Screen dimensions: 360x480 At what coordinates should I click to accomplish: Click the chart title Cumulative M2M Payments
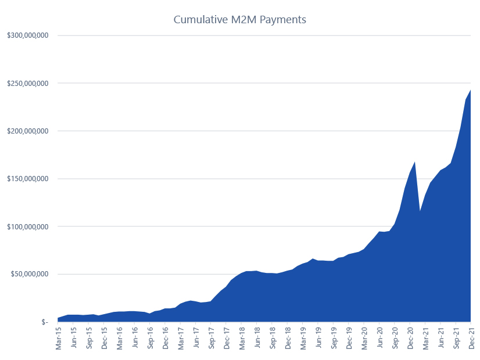(x=239, y=20)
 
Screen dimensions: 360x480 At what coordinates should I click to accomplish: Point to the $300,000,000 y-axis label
(x=28, y=35)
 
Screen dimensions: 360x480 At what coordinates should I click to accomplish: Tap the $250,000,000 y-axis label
(x=28, y=83)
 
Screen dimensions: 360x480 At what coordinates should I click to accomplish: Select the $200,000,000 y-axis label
(x=28, y=131)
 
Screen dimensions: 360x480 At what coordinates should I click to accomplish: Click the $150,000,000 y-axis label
(x=28, y=178)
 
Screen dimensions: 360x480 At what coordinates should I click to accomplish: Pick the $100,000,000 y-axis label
(x=28, y=226)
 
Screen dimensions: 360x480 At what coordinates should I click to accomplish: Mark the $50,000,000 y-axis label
(x=30, y=273)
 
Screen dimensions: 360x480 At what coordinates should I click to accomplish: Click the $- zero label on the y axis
(x=44, y=322)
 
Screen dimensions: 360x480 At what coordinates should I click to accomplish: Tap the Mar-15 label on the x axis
(x=59, y=339)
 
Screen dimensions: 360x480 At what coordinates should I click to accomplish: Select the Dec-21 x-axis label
(x=471, y=339)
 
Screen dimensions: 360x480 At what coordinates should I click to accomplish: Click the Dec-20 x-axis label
(x=410, y=339)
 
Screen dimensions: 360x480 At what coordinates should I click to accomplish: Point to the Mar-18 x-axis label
(x=242, y=339)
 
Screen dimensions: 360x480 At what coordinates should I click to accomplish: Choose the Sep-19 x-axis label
(x=334, y=339)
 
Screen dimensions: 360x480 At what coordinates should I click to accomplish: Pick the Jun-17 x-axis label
(x=196, y=339)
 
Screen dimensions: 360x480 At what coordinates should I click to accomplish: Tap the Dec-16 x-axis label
(x=166, y=339)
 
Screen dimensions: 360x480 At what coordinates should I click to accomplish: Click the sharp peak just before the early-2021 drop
(x=415, y=162)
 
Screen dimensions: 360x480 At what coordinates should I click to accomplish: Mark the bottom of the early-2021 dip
(x=420, y=211)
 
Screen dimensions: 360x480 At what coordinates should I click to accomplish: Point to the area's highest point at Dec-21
(x=470, y=90)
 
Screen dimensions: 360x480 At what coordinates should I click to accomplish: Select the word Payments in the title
(x=283, y=20)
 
